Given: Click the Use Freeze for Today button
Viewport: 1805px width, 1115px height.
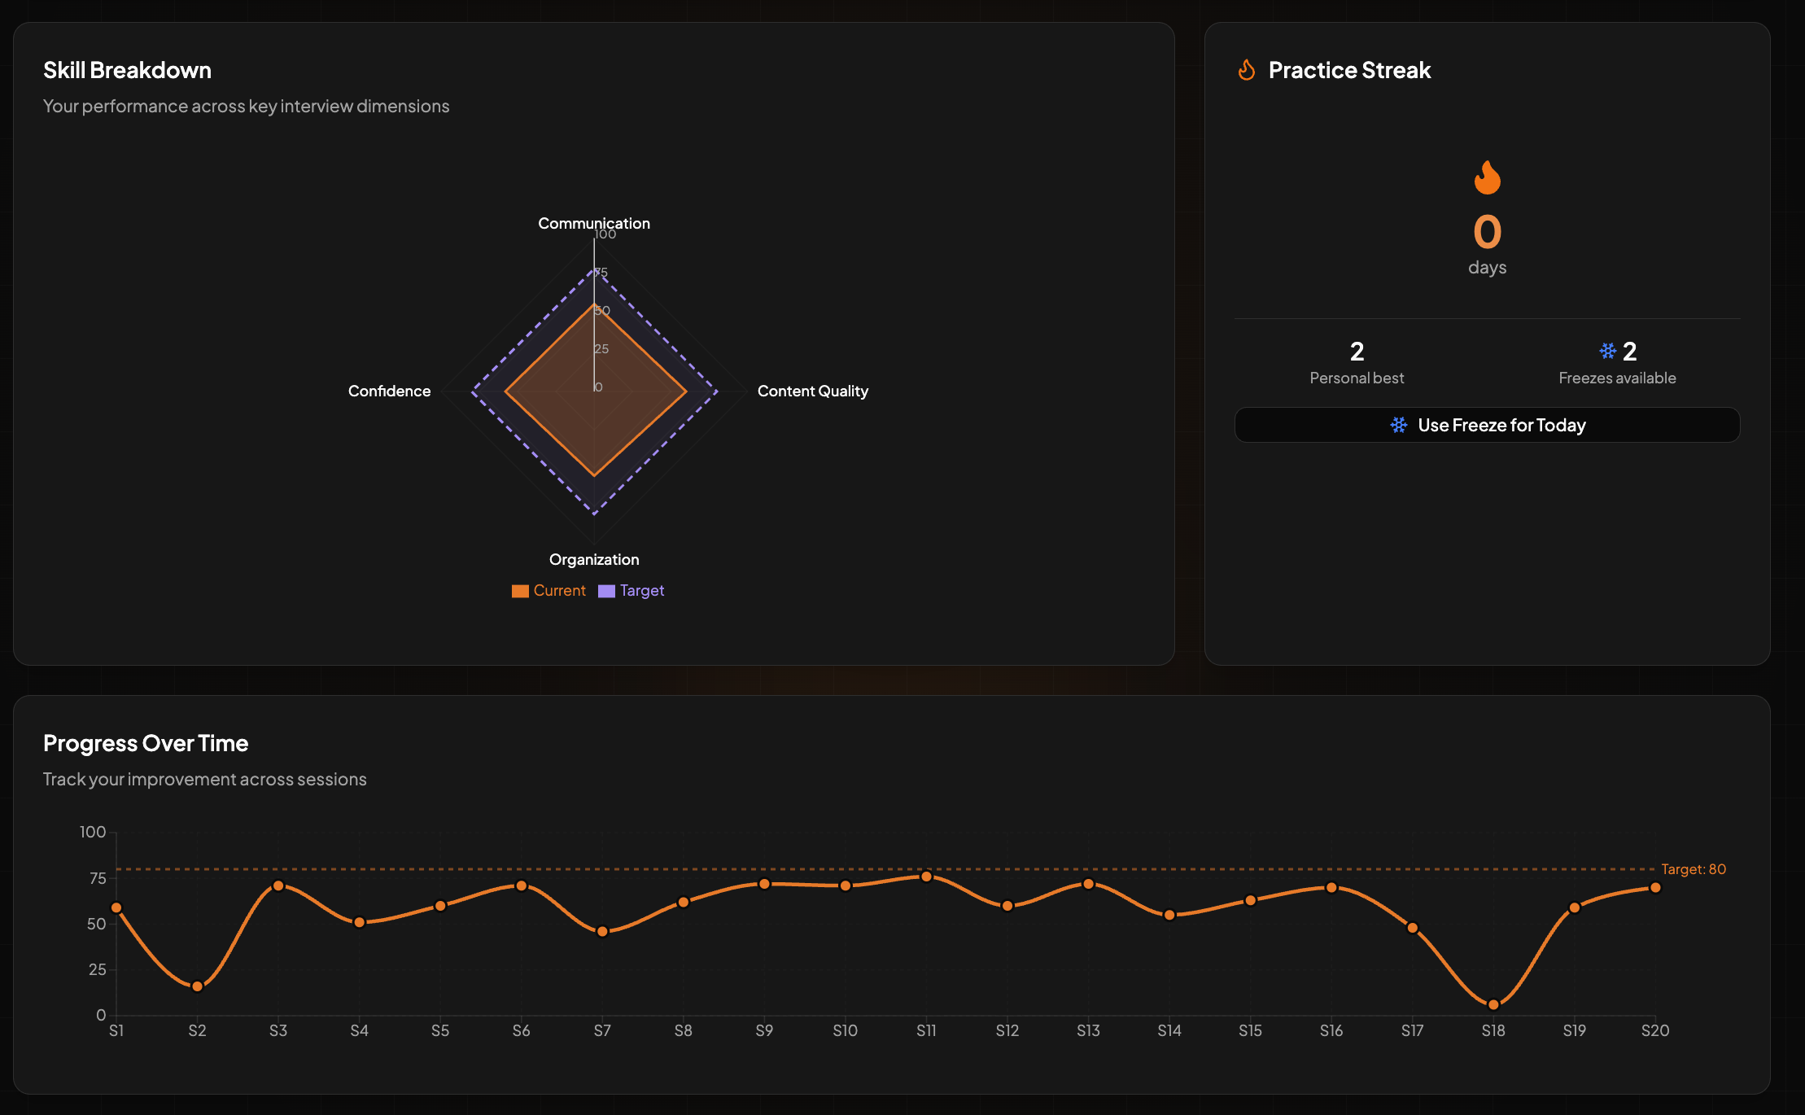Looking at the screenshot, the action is pyautogui.click(x=1487, y=425).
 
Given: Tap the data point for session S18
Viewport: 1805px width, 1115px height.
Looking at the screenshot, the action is pyautogui.click(x=1493, y=1004).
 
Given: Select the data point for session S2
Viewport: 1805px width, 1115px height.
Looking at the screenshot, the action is pyautogui.click(x=197, y=986).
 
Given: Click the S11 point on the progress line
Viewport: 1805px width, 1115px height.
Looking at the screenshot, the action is pyautogui.click(x=926, y=877).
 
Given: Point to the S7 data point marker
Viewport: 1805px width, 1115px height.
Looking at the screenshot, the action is pyautogui.click(x=602, y=931).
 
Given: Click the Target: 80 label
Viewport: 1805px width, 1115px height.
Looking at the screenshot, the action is pyautogui.click(x=1694, y=869).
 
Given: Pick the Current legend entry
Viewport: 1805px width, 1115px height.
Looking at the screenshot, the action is pyautogui.click(x=548, y=591).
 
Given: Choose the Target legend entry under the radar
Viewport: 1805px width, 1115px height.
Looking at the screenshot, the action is pyautogui.click(x=632, y=591).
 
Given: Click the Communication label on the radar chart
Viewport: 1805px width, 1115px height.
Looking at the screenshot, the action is pyautogui.click(x=594, y=223).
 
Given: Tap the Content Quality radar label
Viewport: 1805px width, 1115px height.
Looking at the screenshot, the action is pyautogui.click(x=813, y=391).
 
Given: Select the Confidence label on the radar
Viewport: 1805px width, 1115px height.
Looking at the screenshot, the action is pyautogui.click(x=389, y=391).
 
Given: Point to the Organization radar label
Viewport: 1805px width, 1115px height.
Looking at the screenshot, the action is pyautogui.click(x=594, y=560).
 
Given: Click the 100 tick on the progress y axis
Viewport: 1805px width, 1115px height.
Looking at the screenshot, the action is pyautogui.click(x=93, y=832).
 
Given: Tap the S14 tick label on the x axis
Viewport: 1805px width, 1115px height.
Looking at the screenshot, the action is pyautogui.click(x=1169, y=1030).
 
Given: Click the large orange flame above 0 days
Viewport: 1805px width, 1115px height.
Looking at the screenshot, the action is pyautogui.click(x=1487, y=177).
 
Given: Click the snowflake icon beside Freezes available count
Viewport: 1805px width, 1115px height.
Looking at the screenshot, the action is pyautogui.click(x=1607, y=351).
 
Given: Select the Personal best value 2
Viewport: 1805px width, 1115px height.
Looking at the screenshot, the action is pyautogui.click(x=1357, y=352).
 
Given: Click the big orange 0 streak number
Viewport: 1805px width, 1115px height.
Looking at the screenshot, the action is pyautogui.click(x=1487, y=232).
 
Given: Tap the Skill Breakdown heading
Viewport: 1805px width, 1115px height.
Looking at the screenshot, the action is pyautogui.click(x=127, y=70).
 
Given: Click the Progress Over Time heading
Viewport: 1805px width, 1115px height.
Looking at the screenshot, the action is pyautogui.click(x=146, y=743).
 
